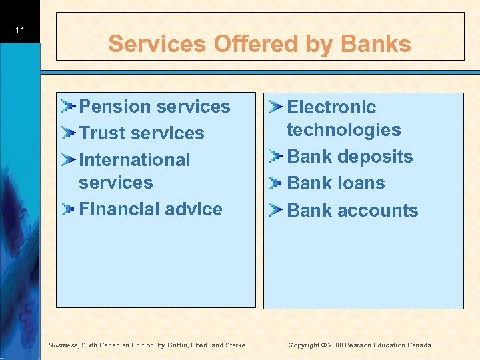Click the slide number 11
coord(19,31)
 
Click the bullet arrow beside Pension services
coord(68,106)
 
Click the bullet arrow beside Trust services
coord(68,133)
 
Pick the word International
coord(135,160)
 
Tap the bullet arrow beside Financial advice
coord(68,209)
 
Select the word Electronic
coord(331,107)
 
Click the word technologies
coord(343,130)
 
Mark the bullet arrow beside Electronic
coord(277,107)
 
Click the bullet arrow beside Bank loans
coord(277,183)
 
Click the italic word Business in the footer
coord(64,345)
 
